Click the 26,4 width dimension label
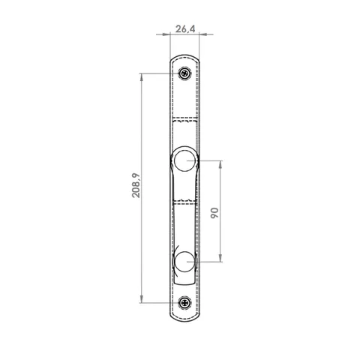click(185, 29)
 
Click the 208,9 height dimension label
click(136, 185)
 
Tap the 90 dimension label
click(214, 213)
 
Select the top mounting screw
click(185, 73)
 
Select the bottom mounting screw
click(185, 303)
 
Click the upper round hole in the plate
click(184, 160)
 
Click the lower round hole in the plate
click(184, 262)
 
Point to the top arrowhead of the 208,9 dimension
click(142, 77)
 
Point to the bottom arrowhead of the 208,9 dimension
click(142, 299)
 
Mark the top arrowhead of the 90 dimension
click(220, 164)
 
